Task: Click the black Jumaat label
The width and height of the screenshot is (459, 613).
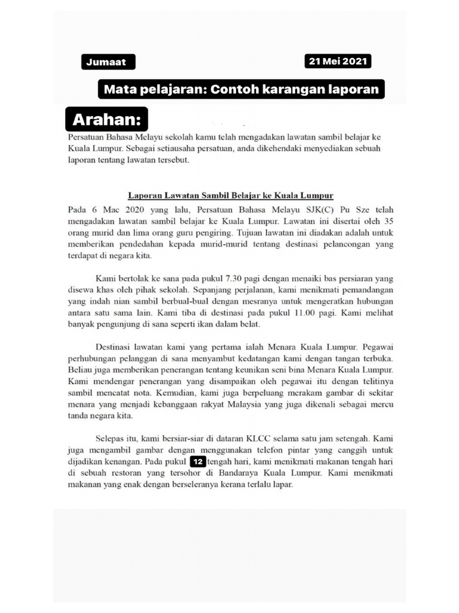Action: (x=108, y=62)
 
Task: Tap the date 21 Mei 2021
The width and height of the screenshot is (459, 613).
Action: (x=338, y=61)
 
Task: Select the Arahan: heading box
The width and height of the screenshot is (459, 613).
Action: (x=106, y=120)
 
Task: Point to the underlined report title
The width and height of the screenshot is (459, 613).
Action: (x=231, y=196)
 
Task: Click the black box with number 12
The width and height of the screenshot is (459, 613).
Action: (x=197, y=462)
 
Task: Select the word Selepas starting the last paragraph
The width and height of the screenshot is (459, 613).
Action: (x=112, y=439)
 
